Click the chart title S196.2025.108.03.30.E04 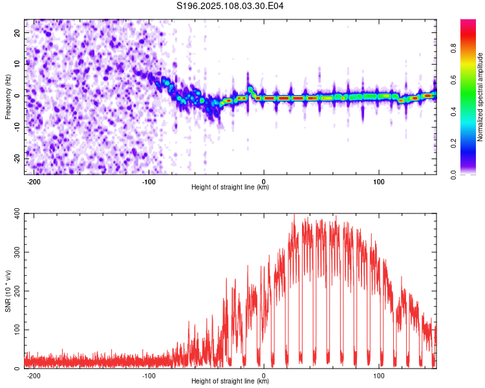click(x=230, y=6)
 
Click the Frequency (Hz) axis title click(x=8, y=97)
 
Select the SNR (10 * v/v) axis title click(x=8, y=291)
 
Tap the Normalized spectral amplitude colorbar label click(x=480, y=97)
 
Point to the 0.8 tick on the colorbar click(x=453, y=48)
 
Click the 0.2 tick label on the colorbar click(x=453, y=144)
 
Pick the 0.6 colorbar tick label click(x=453, y=80)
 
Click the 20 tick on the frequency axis click(x=17, y=33)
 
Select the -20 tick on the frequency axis click(x=17, y=158)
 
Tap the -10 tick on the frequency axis click(x=17, y=127)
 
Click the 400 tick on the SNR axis click(x=17, y=213)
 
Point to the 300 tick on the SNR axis click(x=17, y=252)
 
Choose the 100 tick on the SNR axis click(x=17, y=330)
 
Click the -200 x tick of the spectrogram click(x=34, y=182)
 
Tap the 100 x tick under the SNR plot click(x=378, y=376)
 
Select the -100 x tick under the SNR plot click(x=149, y=376)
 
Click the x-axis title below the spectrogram click(x=230, y=187)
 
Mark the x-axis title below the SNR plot click(x=230, y=381)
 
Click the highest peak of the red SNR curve click(x=294, y=214)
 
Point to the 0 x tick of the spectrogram click(x=264, y=182)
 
